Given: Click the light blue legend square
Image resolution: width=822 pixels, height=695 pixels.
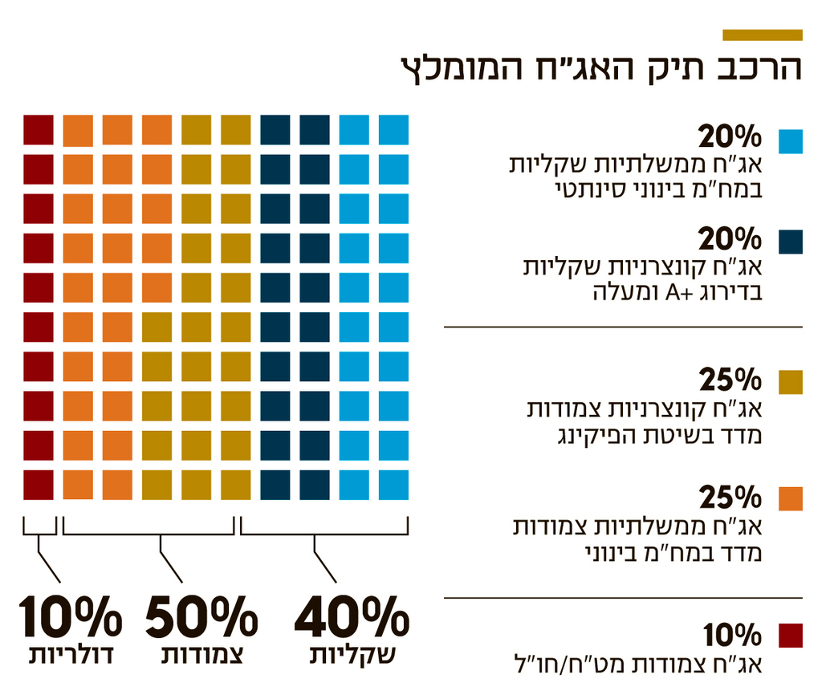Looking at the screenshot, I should click(x=790, y=140).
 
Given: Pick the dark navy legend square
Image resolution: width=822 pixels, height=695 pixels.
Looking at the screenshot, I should click(x=790, y=242).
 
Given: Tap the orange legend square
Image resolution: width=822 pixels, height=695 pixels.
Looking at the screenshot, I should click(x=790, y=498).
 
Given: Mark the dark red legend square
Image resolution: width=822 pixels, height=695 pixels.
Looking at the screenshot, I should click(x=790, y=635).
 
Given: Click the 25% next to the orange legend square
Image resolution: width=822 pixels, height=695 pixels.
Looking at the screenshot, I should click(x=730, y=498).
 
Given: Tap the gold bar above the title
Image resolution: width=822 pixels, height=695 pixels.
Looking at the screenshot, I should click(x=762, y=35).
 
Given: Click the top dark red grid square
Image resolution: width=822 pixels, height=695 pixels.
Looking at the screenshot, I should click(x=39, y=130).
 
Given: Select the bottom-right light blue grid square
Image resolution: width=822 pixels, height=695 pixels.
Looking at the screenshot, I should click(x=393, y=485).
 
